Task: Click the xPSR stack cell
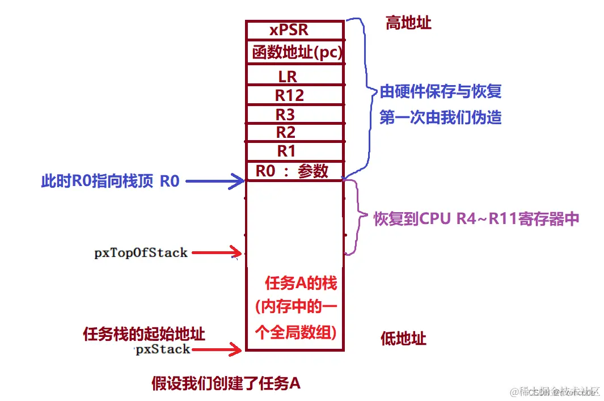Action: pos(294,29)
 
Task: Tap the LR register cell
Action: pos(294,75)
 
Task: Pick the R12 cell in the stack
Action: pos(294,95)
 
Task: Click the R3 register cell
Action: pos(294,114)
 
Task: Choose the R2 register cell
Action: pos(294,133)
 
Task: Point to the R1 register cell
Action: pos(294,151)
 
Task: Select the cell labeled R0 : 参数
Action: pos(294,171)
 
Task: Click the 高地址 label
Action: pos(408,23)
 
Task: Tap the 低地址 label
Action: pos(403,339)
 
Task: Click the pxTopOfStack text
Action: pos(141,252)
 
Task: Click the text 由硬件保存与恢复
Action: pos(441,91)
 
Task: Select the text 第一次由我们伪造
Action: pos(441,117)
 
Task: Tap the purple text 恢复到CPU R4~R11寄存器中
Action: pos(476,219)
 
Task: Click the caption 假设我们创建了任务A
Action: pos(226,383)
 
